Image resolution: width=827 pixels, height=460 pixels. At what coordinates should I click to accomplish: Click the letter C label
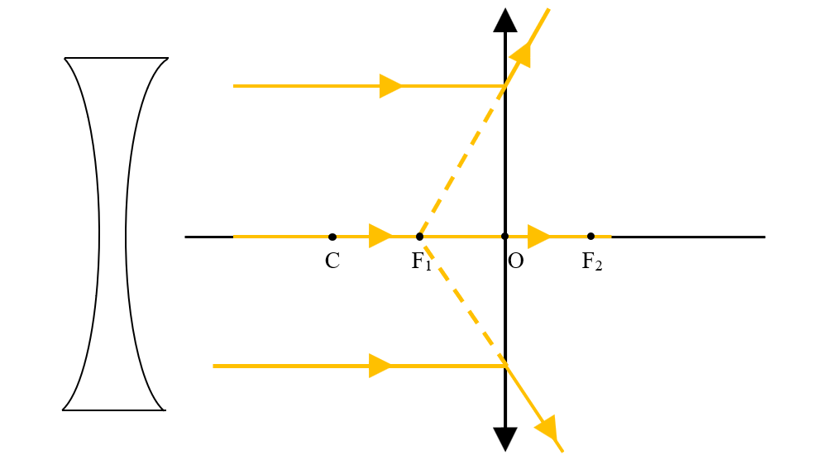332,261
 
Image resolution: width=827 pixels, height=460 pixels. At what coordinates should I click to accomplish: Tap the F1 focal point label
422,261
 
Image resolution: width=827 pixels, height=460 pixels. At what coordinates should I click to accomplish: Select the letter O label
516,261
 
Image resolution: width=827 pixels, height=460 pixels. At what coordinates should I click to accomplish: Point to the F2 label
592,261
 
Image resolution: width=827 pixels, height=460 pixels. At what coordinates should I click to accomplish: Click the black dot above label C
332,237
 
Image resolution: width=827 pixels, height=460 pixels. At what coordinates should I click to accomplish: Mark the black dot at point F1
419,237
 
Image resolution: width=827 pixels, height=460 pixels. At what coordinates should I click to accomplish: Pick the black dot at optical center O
504,237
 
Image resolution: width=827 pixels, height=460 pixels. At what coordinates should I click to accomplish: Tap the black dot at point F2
590,237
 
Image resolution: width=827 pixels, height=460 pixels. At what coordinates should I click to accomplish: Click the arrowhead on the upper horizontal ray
391,85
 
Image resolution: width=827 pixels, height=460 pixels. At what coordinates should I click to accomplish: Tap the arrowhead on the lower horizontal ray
380,366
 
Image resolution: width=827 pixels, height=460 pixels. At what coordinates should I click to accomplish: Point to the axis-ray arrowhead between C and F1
380,236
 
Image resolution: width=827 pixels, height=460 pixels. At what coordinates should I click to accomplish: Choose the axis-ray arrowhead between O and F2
539,237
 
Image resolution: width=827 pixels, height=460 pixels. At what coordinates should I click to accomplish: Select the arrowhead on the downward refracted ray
547,428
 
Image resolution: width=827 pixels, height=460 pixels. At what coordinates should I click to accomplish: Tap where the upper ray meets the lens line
505,85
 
